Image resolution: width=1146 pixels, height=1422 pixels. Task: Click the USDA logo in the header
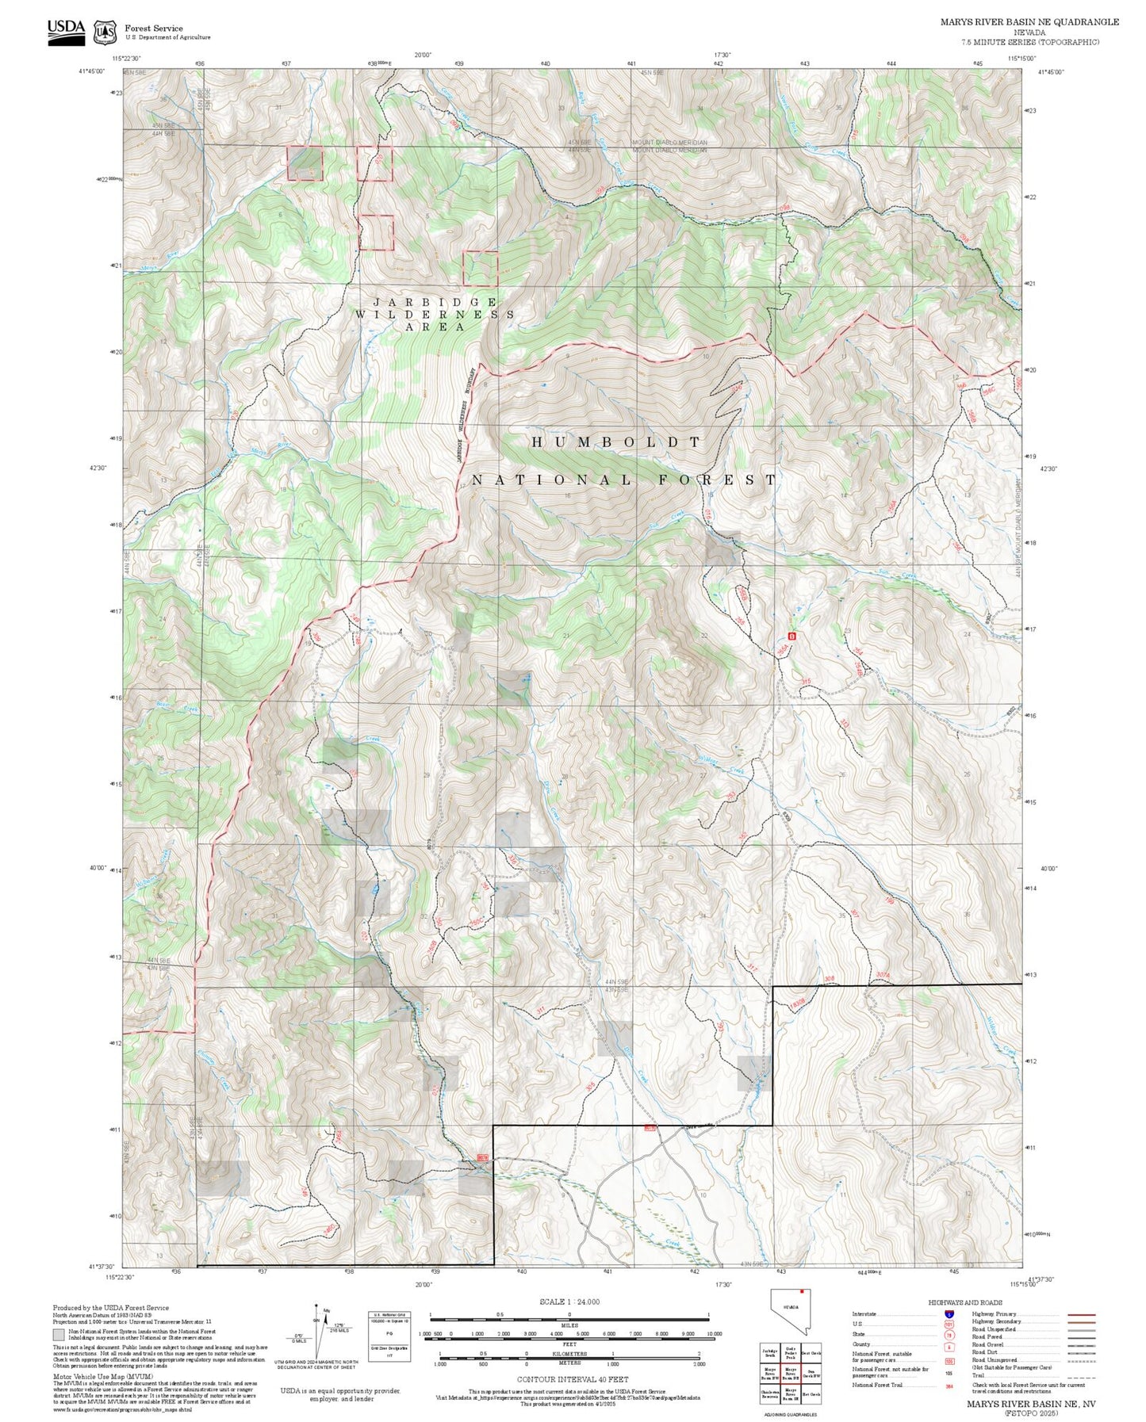coord(66,32)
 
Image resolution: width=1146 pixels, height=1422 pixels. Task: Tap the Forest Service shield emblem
coord(105,32)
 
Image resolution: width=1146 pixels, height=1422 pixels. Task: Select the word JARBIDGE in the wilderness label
coord(435,302)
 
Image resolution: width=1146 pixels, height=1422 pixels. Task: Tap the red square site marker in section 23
coord(791,636)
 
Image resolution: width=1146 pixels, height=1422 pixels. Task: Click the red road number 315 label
coord(806,682)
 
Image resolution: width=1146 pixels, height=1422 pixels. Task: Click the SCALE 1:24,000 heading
coord(569,1302)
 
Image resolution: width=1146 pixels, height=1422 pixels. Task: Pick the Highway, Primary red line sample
coord(1081,1314)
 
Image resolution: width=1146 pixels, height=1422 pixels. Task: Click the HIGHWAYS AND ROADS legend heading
coord(965,1302)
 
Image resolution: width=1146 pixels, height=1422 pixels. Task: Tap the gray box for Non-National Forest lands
coord(59,1333)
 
